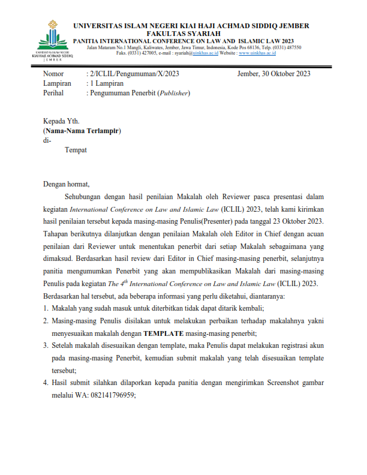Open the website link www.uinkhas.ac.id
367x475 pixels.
point(257,53)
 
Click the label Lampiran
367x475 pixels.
point(58,83)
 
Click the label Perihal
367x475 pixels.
point(54,93)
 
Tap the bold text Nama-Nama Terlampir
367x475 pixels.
point(82,130)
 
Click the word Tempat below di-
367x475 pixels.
point(76,149)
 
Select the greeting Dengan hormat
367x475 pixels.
point(66,184)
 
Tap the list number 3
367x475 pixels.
point(46,345)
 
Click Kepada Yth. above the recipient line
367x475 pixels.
point(61,121)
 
